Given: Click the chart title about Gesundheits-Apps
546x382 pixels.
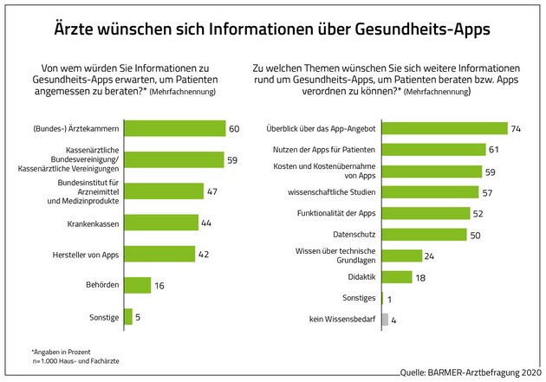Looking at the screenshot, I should [x=273, y=28].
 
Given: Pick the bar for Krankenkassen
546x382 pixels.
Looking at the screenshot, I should [x=161, y=222].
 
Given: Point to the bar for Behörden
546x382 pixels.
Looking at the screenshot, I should [x=138, y=285].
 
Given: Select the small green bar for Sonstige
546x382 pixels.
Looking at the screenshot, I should [x=128, y=316].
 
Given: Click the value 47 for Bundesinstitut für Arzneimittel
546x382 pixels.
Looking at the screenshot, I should [x=213, y=191].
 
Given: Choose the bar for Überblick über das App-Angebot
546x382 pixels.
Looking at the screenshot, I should [x=445, y=129].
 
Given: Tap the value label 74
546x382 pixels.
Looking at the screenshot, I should [x=516, y=129].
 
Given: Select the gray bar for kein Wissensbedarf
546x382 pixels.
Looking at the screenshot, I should [x=385, y=320].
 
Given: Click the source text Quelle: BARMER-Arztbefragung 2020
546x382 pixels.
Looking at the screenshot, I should [x=467, y=372].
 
